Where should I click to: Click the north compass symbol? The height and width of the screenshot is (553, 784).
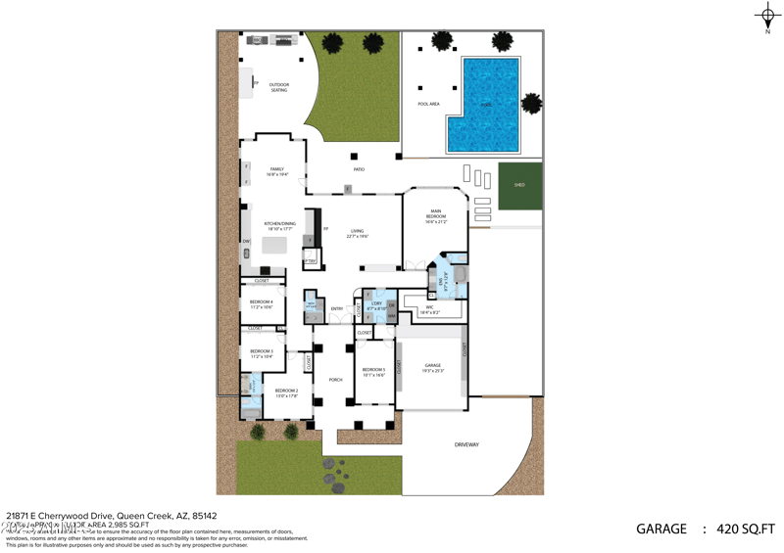[x=767, y=16]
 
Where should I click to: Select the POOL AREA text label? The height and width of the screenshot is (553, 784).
[x=428, y=104]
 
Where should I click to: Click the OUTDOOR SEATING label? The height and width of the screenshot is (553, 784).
[x=279, y=88]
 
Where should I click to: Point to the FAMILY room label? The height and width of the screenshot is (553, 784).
[x=276, y=171]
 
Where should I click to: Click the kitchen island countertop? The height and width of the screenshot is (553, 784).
[x=273, y=246]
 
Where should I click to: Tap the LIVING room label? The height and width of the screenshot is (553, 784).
[x=358, y=233]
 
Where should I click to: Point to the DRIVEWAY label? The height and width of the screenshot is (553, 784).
[x=466, y=444]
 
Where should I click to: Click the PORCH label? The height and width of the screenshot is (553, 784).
[x=335, y=380]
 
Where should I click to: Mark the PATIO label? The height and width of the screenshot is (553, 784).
[x=359, y=170]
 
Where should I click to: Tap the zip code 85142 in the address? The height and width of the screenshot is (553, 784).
[x=204, y=516]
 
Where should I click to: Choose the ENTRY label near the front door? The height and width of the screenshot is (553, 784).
[x=336, y=309]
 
